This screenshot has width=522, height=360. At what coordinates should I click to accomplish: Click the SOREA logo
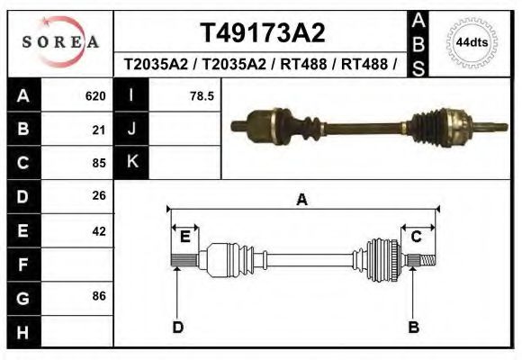click(x=59, y=42)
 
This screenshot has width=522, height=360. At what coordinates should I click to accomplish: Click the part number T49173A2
click(x=262, y=33)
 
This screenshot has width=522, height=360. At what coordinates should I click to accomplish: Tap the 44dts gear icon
click(x=472, y=42)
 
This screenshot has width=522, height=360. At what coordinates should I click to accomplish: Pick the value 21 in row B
click(x=99, y=130)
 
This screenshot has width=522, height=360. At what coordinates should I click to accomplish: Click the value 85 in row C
click(x=99, y=164)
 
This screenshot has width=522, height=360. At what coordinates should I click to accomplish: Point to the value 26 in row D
click(x=99, y=195)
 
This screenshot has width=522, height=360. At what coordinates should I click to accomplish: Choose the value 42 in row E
click(x=99, y=231)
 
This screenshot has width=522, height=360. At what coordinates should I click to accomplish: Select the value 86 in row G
click(x=99, y=296)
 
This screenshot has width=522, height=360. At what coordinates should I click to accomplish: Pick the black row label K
click(x=132, y=162)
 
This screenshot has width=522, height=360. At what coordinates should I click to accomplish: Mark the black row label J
click(x=132, y=129)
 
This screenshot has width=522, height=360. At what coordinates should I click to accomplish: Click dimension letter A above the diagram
click(x=301, y=200)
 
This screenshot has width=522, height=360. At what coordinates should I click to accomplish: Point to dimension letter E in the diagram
click(x=184, y=237)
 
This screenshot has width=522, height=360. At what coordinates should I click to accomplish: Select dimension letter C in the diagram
click(x=417, y=237)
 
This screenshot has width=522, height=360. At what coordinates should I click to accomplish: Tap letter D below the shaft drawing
click(x=177, y=327)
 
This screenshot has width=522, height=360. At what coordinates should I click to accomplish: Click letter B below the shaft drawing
click(x=414, y=327)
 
